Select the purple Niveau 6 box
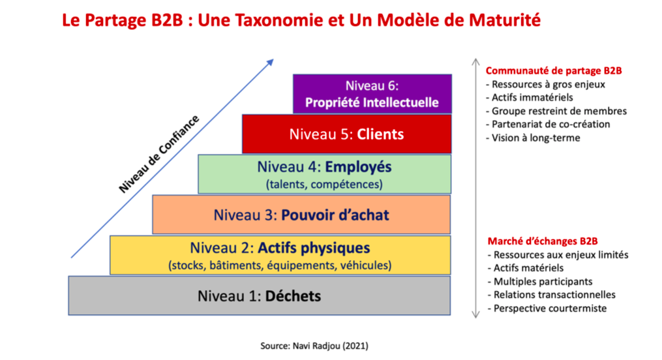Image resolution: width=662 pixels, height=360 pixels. [x=372, y=94]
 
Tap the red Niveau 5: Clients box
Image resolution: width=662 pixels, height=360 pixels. [x=346, y=134]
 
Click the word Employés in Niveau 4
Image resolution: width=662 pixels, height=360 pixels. [x=358, y=167]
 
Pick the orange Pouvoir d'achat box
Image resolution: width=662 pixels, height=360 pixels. [x=301, y=215]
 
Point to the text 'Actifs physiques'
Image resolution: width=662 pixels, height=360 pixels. [x=314, y=248]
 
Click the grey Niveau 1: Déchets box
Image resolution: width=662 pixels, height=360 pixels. [x=259, y=295]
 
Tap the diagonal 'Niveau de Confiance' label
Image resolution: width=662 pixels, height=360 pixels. [x=158, y=154]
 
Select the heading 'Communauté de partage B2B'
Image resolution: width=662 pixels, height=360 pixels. [x=554, y=70]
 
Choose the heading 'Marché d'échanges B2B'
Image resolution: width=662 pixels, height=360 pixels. [x=543, y=241]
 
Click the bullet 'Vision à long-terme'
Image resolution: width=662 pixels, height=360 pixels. [x=533, y=138]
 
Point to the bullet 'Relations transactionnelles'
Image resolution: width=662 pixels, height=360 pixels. [x=551, y=295]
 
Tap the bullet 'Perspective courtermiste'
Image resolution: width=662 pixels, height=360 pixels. [x=547, y=308]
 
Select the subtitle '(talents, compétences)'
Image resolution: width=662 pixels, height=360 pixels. [x=324, y=185]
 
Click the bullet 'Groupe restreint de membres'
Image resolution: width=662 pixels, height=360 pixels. [x=556, y=111]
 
